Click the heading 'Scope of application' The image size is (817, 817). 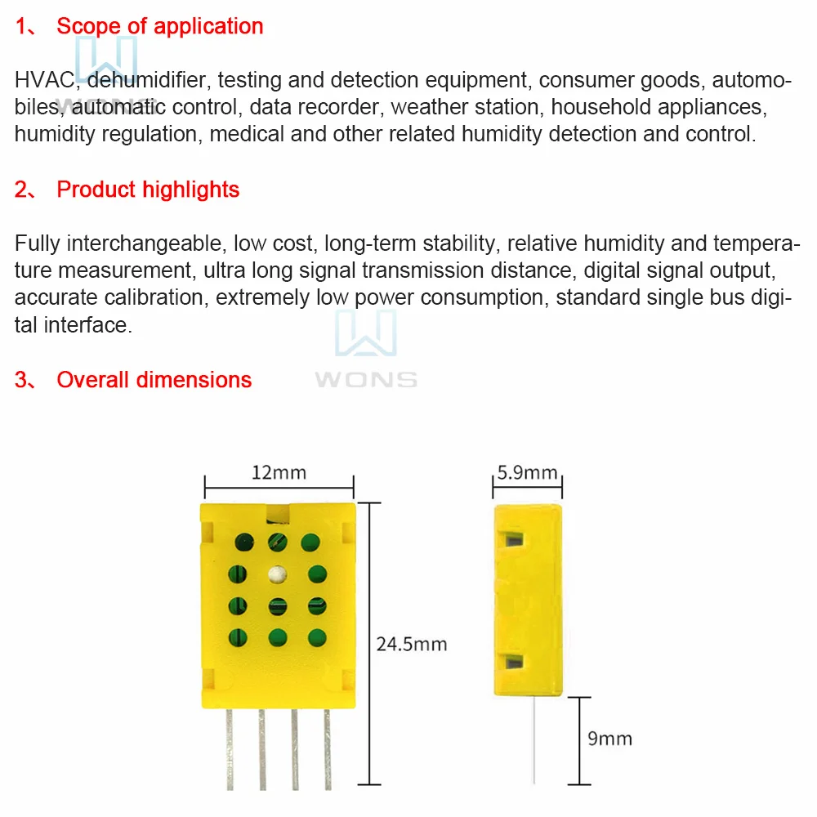pyautogui.click(x=159, y=26)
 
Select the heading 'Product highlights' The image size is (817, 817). pyautogui.click(x=148, y=190)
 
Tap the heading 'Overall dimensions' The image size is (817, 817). pyautogui.click(x=154, y=380)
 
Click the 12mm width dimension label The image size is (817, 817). pyautogui.click(x=278, y=472)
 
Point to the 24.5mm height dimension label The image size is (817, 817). pyautogui.click(x=412, y=644)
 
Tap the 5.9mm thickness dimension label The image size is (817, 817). pyautogui.click(x=527, y=472)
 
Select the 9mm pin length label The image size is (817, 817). pyautogui.click(x=609, y=739)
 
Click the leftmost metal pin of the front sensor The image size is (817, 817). pyautogui.click(x=230, y=748)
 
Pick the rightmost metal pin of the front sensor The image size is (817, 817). pyautogui.click(x=327, y=748)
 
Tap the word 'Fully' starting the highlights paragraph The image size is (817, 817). pyautogui.click(x=38, y=243)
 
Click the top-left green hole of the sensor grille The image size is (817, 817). pyautogui.click(x=244, y=541)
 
